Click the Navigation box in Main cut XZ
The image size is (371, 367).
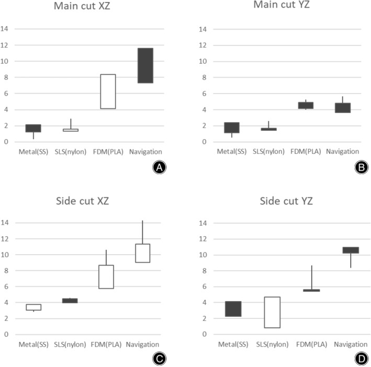145,65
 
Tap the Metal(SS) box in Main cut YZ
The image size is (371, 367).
232,128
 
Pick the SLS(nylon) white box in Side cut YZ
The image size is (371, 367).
272,312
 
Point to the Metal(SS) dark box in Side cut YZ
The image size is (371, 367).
233,309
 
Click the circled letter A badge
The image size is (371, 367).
159,167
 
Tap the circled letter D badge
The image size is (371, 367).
361,359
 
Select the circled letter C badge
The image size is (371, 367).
159,359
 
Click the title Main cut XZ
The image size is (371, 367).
82,6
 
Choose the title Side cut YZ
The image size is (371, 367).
286,201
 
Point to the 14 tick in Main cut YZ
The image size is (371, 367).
203,29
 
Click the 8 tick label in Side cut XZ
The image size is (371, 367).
6,271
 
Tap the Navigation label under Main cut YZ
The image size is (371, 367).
342,151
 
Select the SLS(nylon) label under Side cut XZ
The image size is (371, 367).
70,345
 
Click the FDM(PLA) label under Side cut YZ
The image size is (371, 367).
312,345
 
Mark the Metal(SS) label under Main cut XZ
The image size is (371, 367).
33,152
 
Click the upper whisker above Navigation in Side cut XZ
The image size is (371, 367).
142,232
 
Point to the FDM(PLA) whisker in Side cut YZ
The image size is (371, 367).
312,278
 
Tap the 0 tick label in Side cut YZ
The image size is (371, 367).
205,334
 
